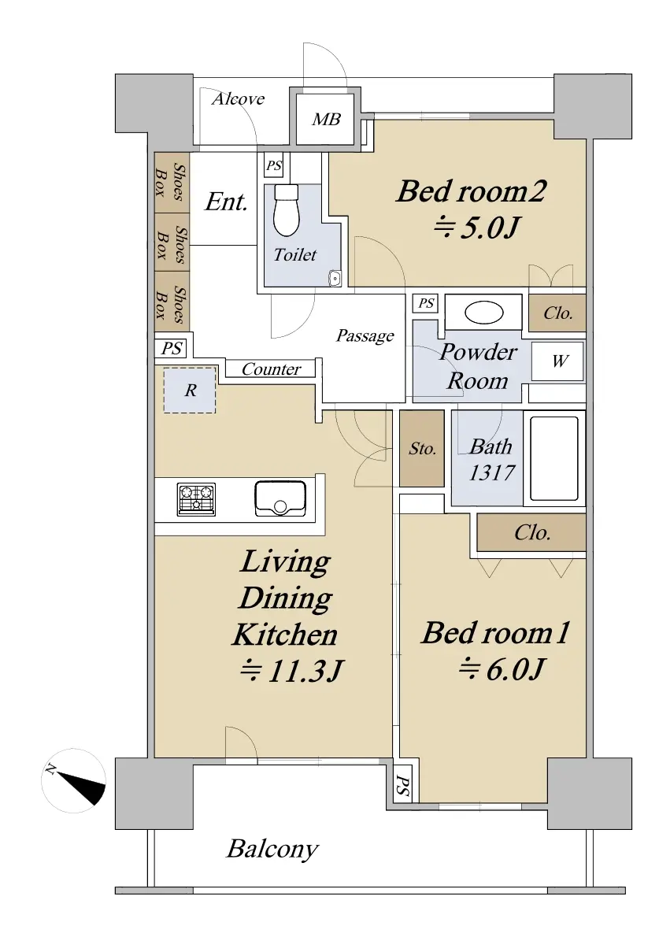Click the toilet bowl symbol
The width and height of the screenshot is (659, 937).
[286, 209]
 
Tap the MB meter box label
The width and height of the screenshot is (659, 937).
[326, 120]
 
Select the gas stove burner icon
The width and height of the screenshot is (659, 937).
[196, 499]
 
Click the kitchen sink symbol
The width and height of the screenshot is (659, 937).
[280, 498]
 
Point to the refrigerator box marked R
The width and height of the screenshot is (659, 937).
[190, 391]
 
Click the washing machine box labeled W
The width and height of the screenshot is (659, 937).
[557, 361]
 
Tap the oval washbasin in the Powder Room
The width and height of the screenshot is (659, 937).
[483, 312]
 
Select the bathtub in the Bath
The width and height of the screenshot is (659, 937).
[553, 458]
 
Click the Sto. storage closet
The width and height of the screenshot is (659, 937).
[422, 448]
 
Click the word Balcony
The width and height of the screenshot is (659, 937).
[272, 849]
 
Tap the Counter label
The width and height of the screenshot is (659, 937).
[272, 369]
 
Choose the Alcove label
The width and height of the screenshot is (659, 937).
[238, 98]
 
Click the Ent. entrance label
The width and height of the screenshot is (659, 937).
[226, 202]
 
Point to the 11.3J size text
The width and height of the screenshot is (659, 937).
[291, 671]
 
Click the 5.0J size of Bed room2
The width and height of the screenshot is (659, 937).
[477, 227]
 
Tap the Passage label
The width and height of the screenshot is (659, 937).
[365, 336]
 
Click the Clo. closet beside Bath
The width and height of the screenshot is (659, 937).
[531, 532]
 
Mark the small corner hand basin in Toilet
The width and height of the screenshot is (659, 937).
[335, 278]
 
